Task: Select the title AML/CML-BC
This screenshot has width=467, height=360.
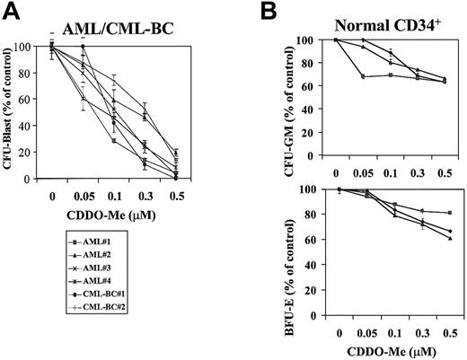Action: tap(116, 29)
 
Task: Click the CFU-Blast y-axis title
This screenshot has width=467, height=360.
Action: tap(12, 109)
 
